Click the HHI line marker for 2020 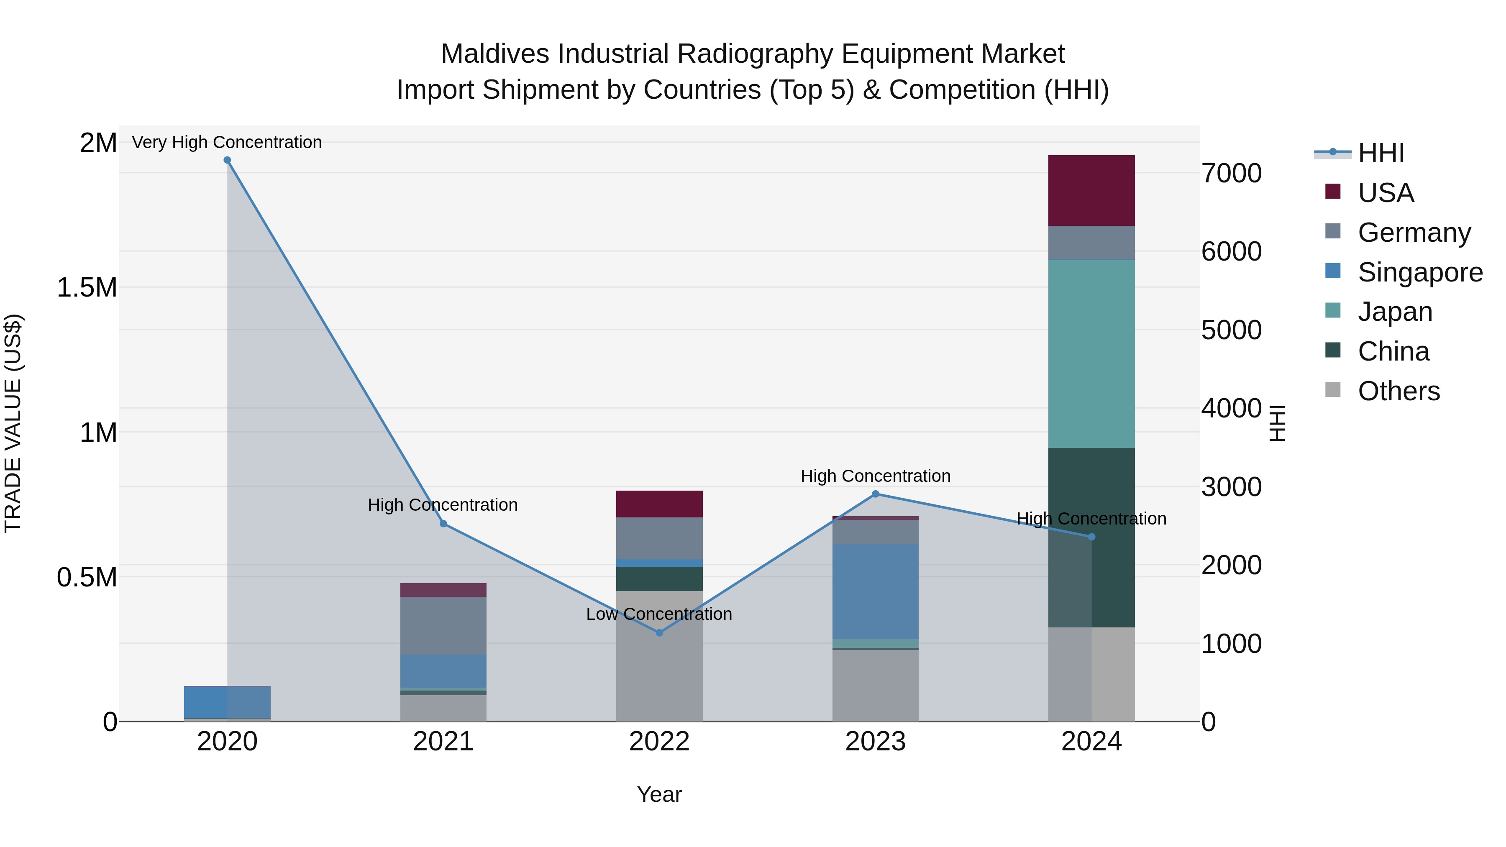tap(228, 160)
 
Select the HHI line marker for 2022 tap(659, 632)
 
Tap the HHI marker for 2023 tap(875, 494)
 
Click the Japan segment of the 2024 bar tap(1091, 353)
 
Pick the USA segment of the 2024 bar tap(1091, 191)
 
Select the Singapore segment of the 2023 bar tap(875, 591)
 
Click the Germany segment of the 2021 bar tap(443, 625)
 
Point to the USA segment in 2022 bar tap(659, 504)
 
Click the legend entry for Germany tap(1413, 233)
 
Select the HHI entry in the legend tap(1380, 153)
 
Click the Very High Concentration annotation tap(227, 142)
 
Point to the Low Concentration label tap(659, 614)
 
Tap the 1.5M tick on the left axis tap(87, 288)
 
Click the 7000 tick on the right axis tap(1231, 174)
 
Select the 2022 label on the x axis tap(659, 742)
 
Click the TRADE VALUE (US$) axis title tap(13, 423)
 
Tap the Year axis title tap(659, 794)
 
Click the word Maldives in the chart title tap(494, 54)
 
